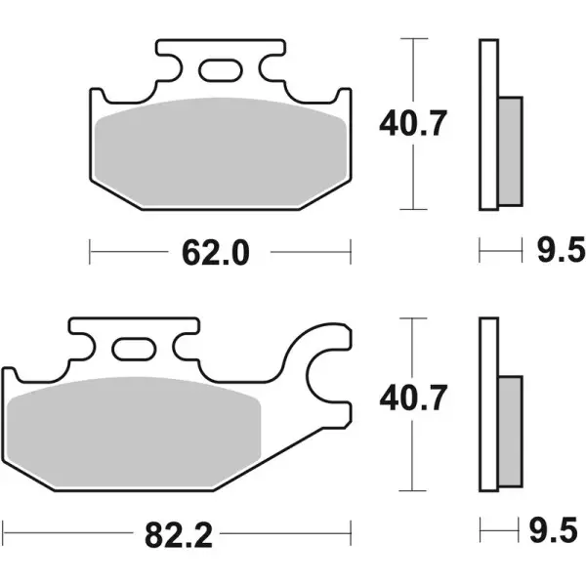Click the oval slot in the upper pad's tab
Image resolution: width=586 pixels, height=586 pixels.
[x=221, y=69]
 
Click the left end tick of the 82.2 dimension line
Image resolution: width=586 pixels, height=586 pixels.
[x=3, y=534]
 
